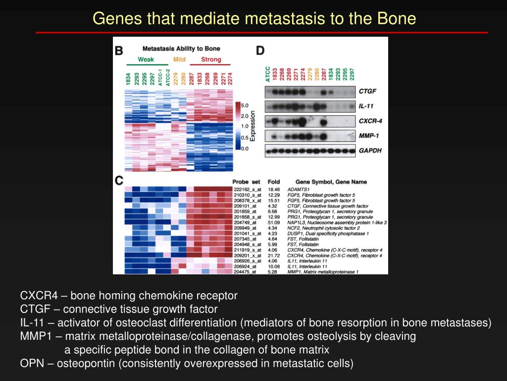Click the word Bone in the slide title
[x=397, y=18]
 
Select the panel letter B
[x=119, y=51]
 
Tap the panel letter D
[x=260, y=51]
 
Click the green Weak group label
[x=146, y=60]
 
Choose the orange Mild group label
[x=179, y=60]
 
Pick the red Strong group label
[x=211, y=60]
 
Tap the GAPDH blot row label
[x=370, y=150]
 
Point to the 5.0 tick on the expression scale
[x=245, y=105]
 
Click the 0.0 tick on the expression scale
[x=245, y=148]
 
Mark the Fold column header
[x=274, y=182]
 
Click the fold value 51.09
[x=274, y=223]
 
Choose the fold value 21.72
[x=274, y=255]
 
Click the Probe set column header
[x=246, y=182]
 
